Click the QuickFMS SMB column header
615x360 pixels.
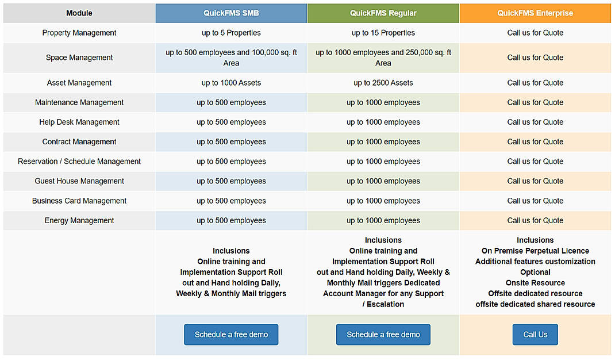[x=231, y=13]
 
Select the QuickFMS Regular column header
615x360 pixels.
[x=383, y=13]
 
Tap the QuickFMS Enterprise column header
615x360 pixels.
[x=535, y=13]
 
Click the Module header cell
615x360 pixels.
[x=79, y=13]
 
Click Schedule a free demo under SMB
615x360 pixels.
[x=231, y=335]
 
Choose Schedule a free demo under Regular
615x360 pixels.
[x=383, y=335]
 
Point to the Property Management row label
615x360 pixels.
[x=79, y=33]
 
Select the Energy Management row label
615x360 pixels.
[x=79, y=220]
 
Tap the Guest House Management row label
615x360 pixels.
[x=79, y=181]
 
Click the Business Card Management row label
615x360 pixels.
[x=79, y=201]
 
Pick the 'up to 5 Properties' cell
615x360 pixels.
[x=231, y=33]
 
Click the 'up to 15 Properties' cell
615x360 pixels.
[x=383, y=33]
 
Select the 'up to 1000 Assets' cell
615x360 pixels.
[x=231, y=83]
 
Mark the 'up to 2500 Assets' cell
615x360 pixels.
[x=383, y=83]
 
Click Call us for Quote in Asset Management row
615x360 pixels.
[x=535, y=83]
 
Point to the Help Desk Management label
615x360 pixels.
[x=79, y=122]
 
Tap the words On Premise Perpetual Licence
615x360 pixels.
[x=535, y=251]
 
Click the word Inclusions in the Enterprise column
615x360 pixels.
[x=535, y=240]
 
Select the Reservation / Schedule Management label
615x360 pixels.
[x=79, y=162]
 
